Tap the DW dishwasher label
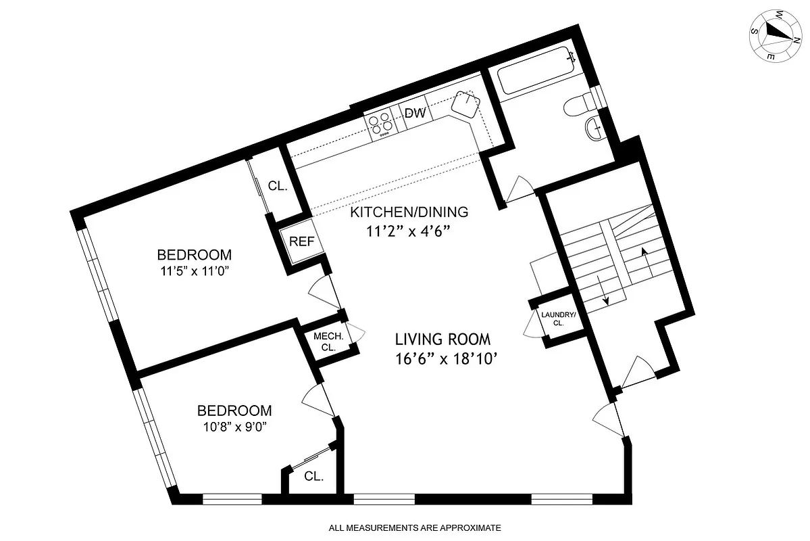coord(415,114)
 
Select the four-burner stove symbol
coord(381,124)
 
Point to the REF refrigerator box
coord(301,241)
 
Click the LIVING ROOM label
coord(442,339)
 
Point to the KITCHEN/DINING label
coord(408,212)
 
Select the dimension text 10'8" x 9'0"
coord(234,427)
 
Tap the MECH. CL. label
coord(328,342)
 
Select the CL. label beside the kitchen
coord(278,186)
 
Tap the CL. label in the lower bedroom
coord(313,476)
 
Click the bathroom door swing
coord(520,189)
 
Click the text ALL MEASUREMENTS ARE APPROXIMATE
coord(415,527)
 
